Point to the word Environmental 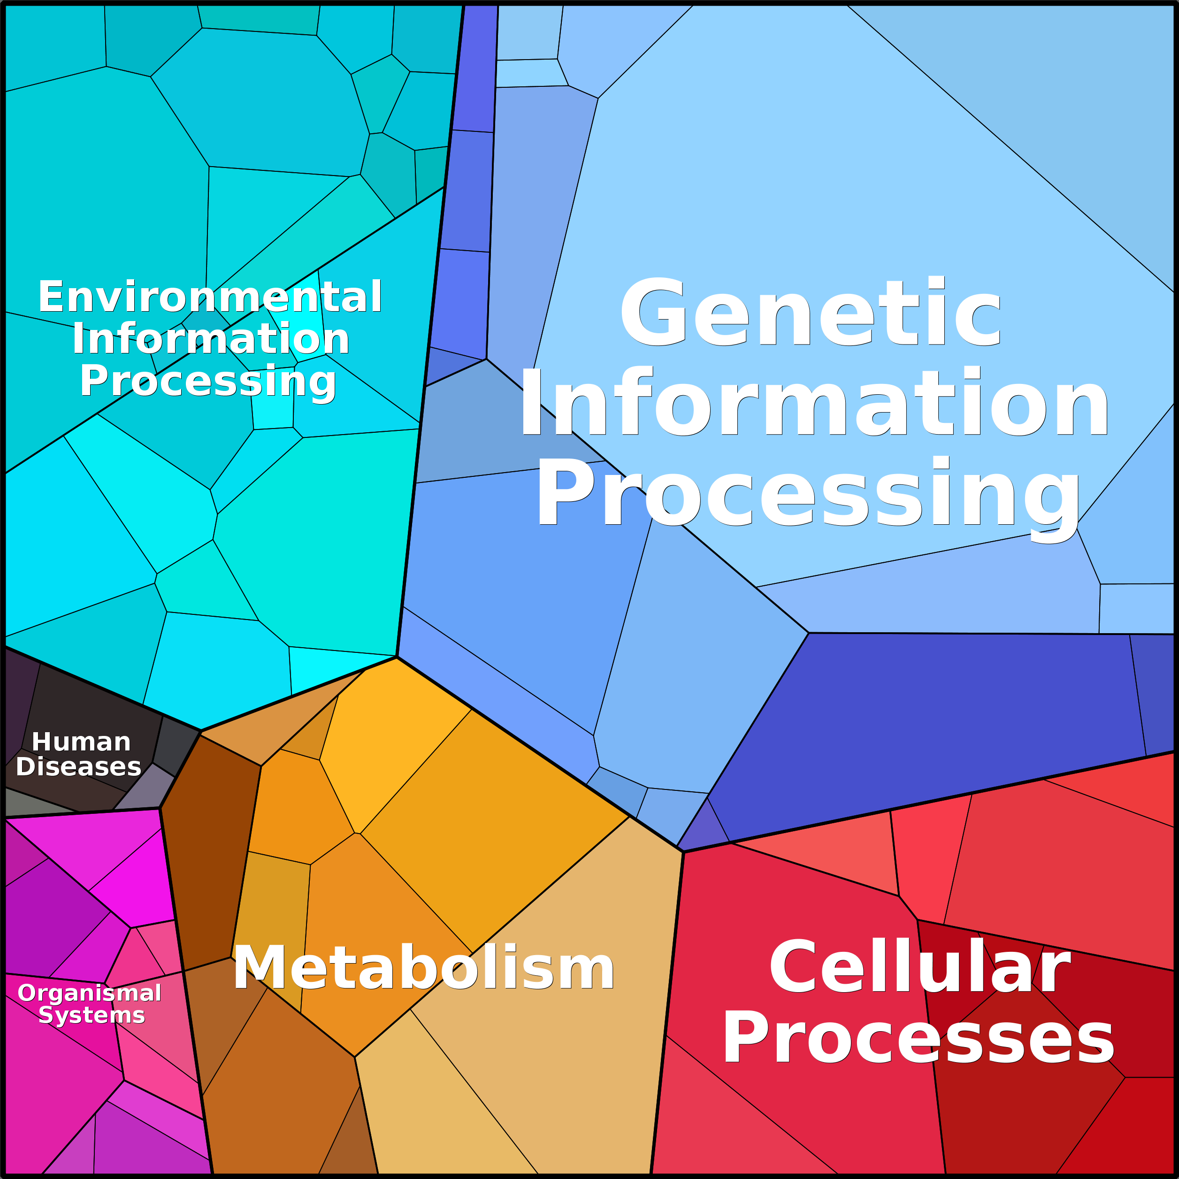[x=210, y=297]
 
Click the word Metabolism [x=423, y=968]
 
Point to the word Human [x=81, y=742]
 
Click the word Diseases [x=79, y=766]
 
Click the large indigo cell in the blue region [x=940, y=720]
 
